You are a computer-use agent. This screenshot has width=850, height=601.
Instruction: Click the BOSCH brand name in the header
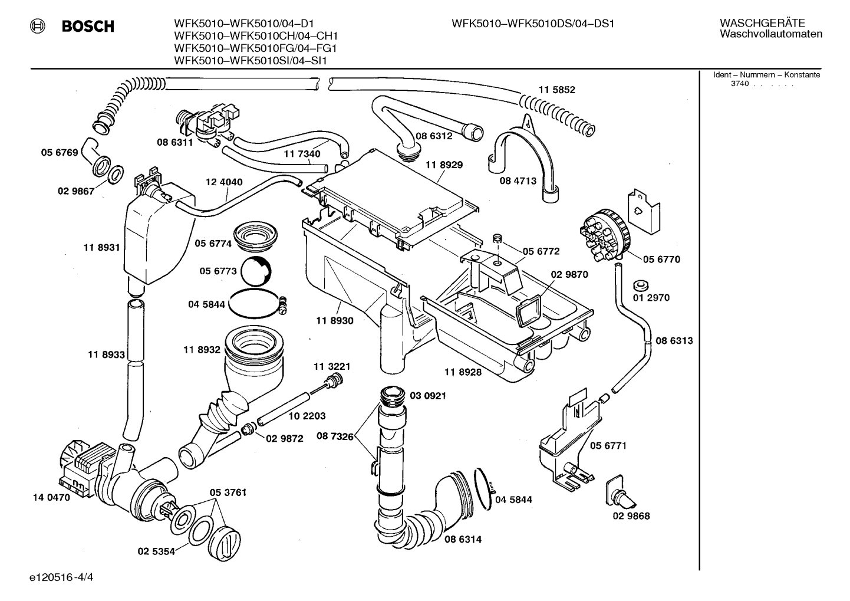pos(88,26)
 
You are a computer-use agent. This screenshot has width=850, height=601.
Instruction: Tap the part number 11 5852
pos(556,90)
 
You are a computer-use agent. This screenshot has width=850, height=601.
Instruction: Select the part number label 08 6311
pos(175,142)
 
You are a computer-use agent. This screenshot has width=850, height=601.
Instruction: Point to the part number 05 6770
pos(661,260)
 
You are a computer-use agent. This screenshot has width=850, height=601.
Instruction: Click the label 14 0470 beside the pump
pos(52,497)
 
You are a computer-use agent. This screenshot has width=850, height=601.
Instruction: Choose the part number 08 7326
pos(335,436)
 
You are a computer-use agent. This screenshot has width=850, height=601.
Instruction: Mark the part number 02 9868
pos(631,516)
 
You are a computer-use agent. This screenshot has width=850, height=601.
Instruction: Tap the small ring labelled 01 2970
pos(641,285)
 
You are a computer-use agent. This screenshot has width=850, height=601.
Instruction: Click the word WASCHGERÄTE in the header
pos(762,23)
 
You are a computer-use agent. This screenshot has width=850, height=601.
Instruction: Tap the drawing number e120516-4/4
pos(61,577)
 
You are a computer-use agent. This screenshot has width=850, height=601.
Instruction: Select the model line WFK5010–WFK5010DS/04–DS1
pos(533,24)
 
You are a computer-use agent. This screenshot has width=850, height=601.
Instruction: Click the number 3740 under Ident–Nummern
pos(740,84)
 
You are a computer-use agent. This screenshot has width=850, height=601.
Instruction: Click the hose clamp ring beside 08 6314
pos(483,489)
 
